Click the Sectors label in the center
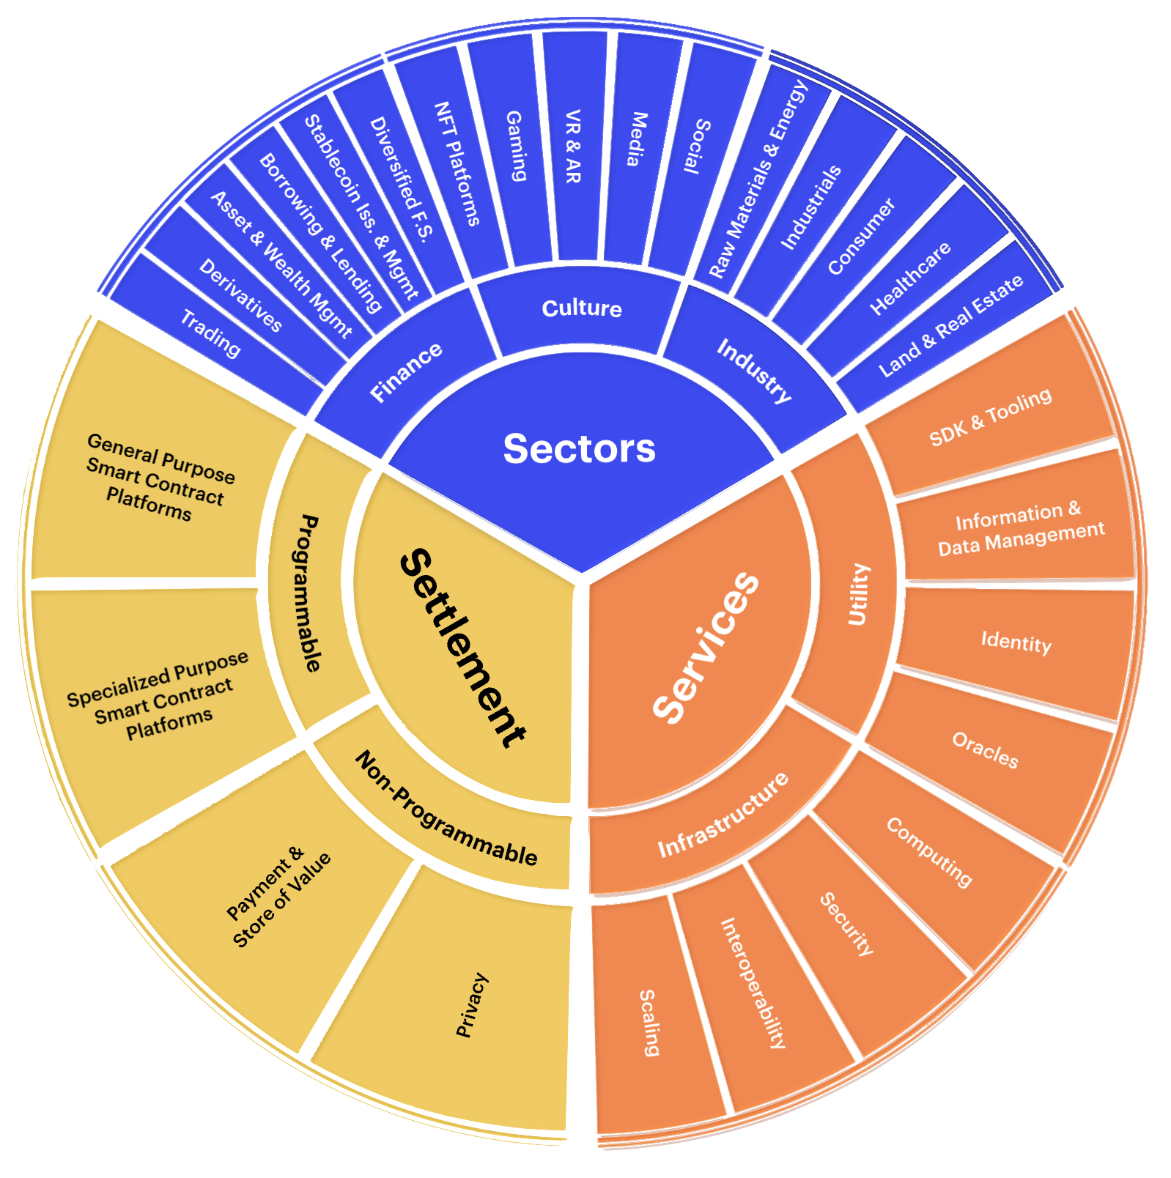(x=579, y=448)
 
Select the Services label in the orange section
(x=706, y=648)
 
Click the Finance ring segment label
(x=406, y=371)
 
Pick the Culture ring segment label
(x=582, y=308)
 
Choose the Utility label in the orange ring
(x=858, y=594)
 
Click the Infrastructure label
(x=723, y=815)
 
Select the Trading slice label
(x=211, y=333)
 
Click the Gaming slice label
(x=516, y=146)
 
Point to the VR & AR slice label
(x=573, y=147)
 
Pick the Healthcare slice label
(x=910, y=278)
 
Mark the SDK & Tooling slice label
(x=991, y=417)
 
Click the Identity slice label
(x=1016, y=642)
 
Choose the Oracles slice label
(x=985, y=750)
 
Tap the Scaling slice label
(x=649, y=1022)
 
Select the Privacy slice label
(x=472, y=1004)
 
